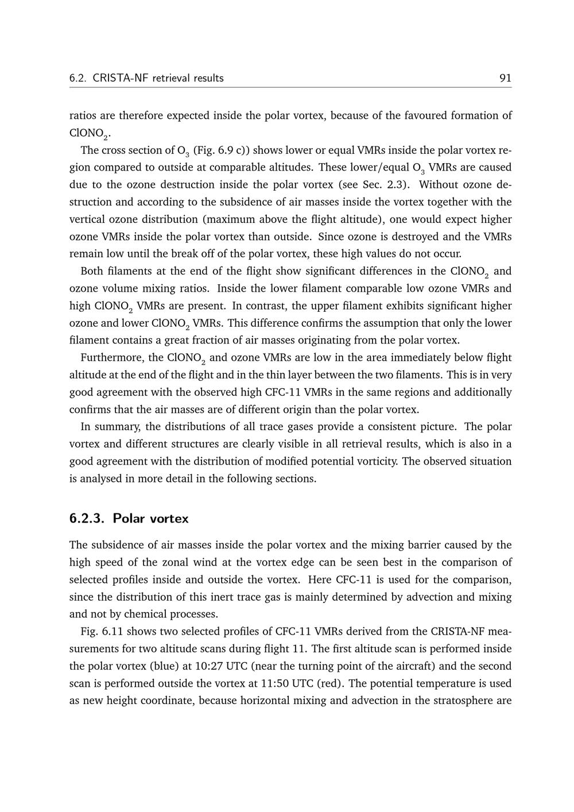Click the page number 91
click(505, 78)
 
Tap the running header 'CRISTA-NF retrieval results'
click(158, 78)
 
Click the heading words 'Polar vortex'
click(150, 519)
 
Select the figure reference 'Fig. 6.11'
click(102, 632)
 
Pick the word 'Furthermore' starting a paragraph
click(113, 358)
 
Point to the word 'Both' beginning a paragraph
click(92, 271)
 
